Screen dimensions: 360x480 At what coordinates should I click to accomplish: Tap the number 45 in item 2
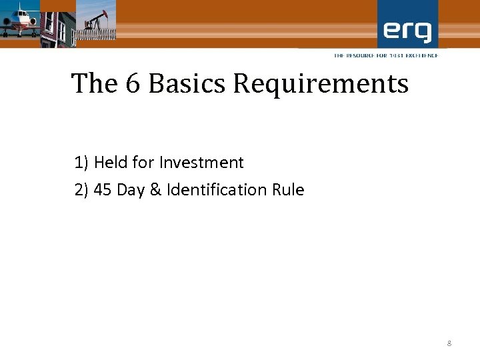(x=103, y=190)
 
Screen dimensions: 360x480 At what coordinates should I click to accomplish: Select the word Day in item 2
(x=131, y=190)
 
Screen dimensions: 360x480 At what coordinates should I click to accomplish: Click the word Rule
(x=288, y=190)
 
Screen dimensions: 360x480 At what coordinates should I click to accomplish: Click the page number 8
(x=449, y=343)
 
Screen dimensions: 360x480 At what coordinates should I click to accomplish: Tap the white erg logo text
(x=407, y=31)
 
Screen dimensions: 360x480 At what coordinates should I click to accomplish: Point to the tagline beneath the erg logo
(x=386, y=55)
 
